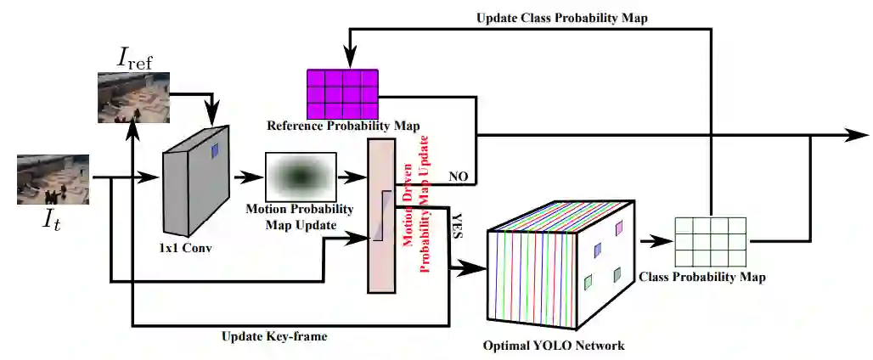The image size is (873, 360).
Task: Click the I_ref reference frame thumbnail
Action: [135, 97]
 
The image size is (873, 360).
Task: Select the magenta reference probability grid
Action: [342, 93]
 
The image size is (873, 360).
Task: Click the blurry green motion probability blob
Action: [301, 176]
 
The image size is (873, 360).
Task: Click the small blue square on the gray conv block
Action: [215, 150]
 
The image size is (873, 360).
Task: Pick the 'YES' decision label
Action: [455, 225]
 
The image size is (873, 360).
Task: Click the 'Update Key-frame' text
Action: [274, 336]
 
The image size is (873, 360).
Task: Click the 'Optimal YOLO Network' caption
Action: [554, 346]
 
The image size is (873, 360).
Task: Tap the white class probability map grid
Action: [710, 241]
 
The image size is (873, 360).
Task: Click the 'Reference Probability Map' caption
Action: [343, 127]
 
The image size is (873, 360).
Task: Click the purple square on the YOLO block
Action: [618, 228]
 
